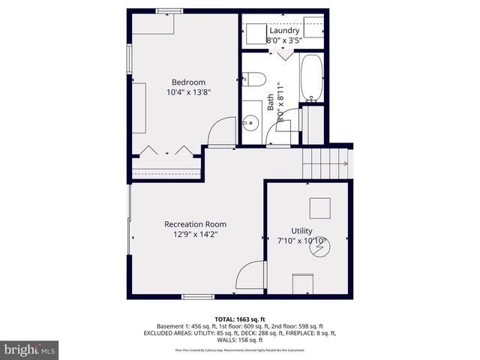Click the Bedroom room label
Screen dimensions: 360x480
188,82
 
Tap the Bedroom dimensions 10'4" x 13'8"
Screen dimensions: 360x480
188,93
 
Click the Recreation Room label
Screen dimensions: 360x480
195,224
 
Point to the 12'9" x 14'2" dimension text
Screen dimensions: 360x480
195,235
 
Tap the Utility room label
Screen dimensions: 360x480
302,231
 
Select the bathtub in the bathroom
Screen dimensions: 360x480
310,79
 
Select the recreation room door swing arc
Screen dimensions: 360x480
251,275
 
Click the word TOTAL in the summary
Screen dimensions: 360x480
226,319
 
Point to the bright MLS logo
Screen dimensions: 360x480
30,349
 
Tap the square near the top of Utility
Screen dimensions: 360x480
321,208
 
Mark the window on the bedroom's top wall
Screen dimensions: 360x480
169,10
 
